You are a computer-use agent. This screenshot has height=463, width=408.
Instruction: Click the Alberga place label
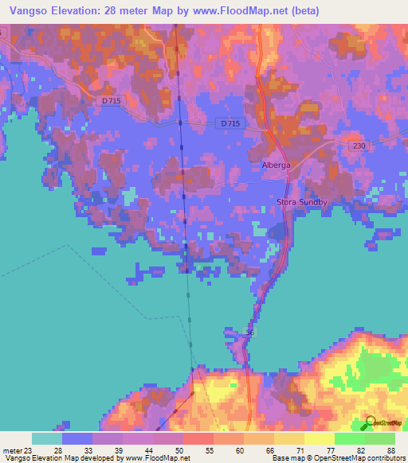pos(276,165)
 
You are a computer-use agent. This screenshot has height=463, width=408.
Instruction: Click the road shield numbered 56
pos(250,333)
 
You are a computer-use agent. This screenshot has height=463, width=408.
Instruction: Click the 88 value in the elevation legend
pos(390,449)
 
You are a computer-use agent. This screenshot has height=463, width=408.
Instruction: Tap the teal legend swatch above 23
pos(46,438)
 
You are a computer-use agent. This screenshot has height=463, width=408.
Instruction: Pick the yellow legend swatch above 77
pos(319,438)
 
